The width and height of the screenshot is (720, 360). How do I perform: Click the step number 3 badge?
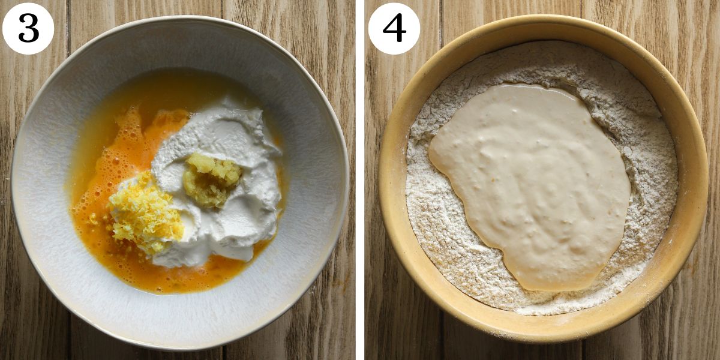(x=28, y=28)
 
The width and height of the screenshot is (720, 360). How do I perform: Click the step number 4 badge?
(x=394, y=28)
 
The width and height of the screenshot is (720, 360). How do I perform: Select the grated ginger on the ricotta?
(x=211, y=178)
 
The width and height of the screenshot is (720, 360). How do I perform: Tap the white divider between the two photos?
(x=360, y=180)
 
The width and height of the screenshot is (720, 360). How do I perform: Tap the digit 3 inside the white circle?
(x=28, y=28)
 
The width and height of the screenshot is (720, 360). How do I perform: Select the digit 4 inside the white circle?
(x=394, y=28)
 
